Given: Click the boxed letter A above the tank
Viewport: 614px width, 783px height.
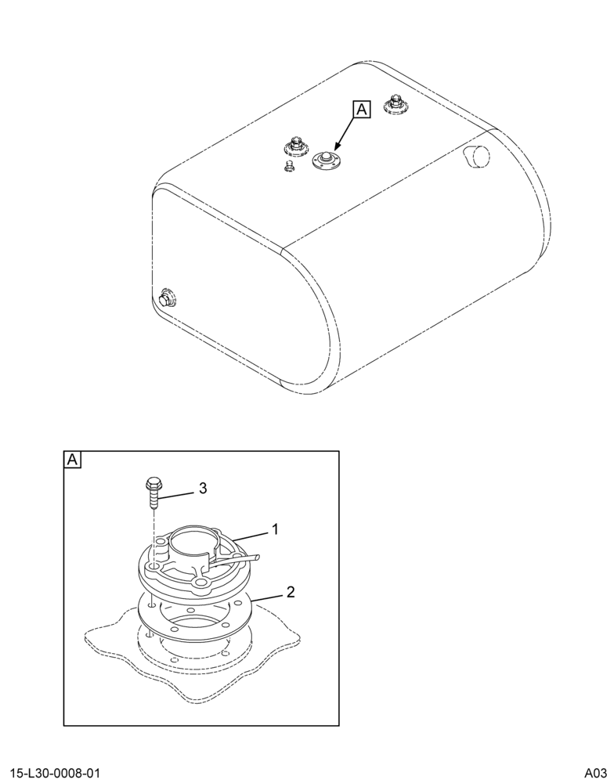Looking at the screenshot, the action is [x=362, y=110].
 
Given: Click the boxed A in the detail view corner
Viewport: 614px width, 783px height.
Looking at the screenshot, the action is [x=72, y=460].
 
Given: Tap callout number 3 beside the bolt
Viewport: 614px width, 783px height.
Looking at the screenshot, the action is [x=203, y=489].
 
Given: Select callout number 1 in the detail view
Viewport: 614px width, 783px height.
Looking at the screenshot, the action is [x=274, y=529].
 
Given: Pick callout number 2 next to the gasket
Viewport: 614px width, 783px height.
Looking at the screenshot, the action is [x=291, y=592].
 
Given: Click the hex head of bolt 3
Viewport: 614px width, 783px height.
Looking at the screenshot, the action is [x=153, y=483].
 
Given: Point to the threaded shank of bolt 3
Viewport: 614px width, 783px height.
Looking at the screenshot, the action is [x=153, y=500].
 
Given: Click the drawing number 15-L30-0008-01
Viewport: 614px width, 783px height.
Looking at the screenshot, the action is [x=55, y=774].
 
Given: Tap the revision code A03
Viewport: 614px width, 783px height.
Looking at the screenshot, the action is [x=596, y=774].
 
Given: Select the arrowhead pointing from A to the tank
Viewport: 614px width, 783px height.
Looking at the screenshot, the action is [x=336, y=147].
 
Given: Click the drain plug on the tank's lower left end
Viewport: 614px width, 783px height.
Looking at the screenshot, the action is [x=165, y=299].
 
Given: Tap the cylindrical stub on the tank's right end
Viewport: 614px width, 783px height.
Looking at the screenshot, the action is [x=478, y=157].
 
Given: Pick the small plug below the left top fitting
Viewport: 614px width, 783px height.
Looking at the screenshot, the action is [x=287, y=166].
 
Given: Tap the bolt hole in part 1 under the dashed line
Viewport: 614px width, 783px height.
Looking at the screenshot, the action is [x=153, y=567].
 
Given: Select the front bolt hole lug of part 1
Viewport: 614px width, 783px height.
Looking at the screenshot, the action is [x=200, y=583].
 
